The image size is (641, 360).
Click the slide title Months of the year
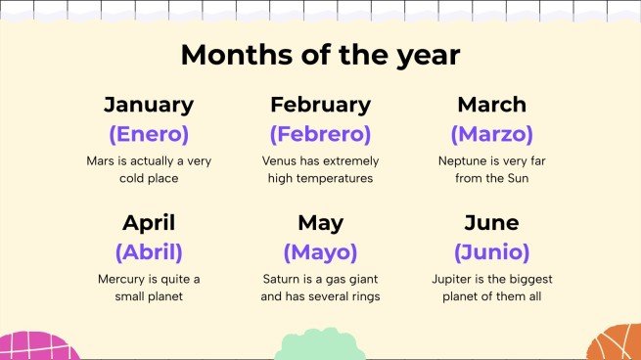click(320, 55)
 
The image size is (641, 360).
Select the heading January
click(149, 105)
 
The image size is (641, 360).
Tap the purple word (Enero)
click(149, 134)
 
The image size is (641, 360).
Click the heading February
click(320, 105)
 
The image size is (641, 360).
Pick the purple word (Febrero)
click(320, 134)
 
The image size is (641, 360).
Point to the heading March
click(491, 105)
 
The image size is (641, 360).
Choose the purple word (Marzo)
click(491, 134)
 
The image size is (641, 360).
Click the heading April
click(149, 222)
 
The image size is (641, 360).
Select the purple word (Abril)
click(149, 251)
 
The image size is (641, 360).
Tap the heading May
click(320, 222)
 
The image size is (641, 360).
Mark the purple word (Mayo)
click(320, 251)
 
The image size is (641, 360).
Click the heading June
click(491, 222)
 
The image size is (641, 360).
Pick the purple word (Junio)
click(491, 251)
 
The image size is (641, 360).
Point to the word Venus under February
click(279, 161)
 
